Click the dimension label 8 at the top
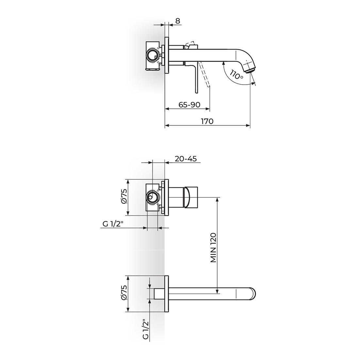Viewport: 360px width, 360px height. pos(177,21)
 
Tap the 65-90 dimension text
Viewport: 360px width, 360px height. pos(189,105)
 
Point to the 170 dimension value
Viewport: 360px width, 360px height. pos(207,121)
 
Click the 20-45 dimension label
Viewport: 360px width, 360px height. pos(186,159)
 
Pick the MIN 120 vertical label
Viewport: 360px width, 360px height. pos(213,248)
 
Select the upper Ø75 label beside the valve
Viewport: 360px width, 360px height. pos(124,197)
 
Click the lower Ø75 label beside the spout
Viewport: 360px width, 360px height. pos(124,294)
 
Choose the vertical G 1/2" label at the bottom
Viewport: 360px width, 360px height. pos(146,329)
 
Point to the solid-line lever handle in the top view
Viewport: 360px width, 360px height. pos(197,78)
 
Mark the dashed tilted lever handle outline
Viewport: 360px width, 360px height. pos(205,75)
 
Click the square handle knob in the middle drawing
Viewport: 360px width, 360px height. pos(192,197)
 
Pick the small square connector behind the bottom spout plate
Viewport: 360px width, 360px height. pos(159,293)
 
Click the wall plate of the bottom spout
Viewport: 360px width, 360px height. pos(167,294)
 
